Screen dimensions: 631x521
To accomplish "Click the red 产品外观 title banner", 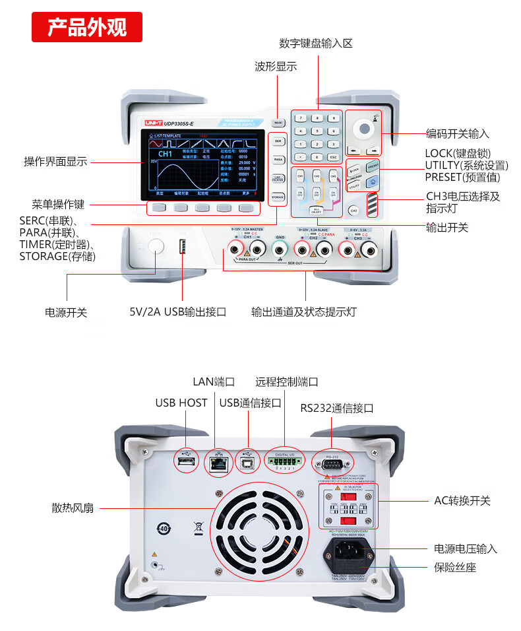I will pyautogui.click(x=87, y=28).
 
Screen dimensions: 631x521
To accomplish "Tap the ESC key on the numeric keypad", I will pyautogui.click(x=333, y=157).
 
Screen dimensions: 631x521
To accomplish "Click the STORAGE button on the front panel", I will pyautogui.click(x=278, y=197).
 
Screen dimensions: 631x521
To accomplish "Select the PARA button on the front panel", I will pyautogui.click(x=278, y=160).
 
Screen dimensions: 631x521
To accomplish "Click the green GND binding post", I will pyautogui.click(x=280, y=248).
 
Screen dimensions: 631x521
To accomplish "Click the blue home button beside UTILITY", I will pyautogui.click(x=373, y=182).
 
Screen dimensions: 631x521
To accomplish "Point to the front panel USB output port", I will pyautogui.click(x=183, y=249).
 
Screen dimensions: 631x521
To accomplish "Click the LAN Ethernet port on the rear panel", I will pyautogui.click(x=216, y=462).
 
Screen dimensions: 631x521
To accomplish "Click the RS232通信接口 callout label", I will pyautogui.click(x=337, y=408).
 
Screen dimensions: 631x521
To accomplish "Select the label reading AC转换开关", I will pyautogui.click(x=462, y=501).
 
